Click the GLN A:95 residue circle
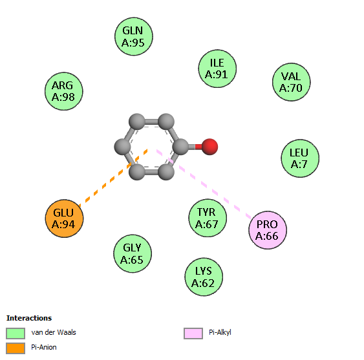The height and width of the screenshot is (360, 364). [x=134, y=36]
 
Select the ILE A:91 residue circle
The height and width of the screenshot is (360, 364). [x=217, y=69]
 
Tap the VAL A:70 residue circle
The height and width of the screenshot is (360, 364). [x=292, y=82]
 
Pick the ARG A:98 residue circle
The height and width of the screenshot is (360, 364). [x=64, y=91]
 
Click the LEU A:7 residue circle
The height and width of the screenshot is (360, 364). [x=300, y=158]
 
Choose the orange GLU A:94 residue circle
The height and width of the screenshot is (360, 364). [x=64, y=218]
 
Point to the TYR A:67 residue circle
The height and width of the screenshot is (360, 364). [x=208, y=218]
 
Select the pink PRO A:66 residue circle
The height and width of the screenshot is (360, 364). [x=268, y=230]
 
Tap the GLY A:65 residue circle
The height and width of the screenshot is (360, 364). [x=133, y=253]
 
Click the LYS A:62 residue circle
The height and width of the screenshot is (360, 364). [x=204, y=277]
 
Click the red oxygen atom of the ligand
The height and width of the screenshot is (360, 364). [x=209, y=147]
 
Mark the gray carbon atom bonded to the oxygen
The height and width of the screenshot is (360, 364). [x=180, y=147]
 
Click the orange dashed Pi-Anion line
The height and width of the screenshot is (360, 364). [x=113, y=178]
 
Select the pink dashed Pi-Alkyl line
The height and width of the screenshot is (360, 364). [x=204, y=184]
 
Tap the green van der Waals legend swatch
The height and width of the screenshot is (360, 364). [x=16, y=334]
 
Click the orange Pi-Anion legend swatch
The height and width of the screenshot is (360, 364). [x=16, y=348]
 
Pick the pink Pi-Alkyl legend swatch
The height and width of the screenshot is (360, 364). [x=193, y=334]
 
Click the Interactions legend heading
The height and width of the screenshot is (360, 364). [x=29, y=318]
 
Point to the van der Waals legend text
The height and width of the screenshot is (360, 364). [x=54, y=332]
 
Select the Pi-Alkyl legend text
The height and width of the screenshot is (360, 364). [x=220, y=333]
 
